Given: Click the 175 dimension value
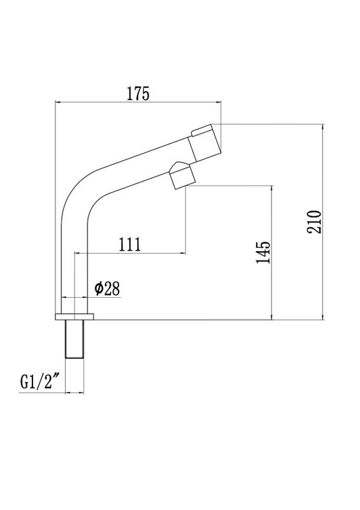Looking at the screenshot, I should (x=138, y=93).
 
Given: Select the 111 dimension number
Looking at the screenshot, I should (x=129, y=245).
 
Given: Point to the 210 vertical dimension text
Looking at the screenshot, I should (x=314, y=221).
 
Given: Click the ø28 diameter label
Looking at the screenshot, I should (x=107, y=289).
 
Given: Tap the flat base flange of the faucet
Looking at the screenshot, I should (x=75, y=316).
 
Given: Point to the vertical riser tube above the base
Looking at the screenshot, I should (x=73, y=268).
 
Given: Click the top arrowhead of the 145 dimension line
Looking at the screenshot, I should (x=273, y=189).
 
